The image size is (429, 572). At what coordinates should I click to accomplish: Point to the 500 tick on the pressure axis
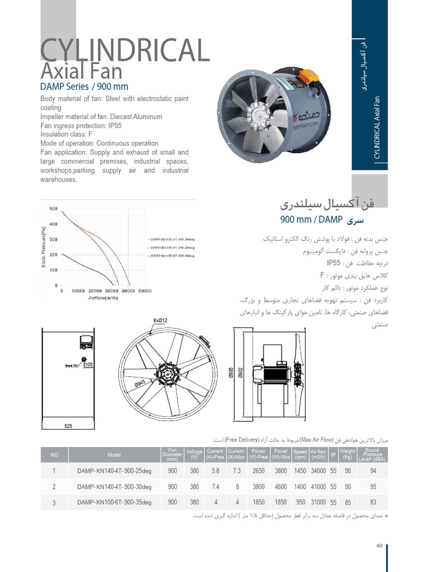(54, 209)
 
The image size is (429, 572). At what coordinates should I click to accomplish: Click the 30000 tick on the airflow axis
(112, 291)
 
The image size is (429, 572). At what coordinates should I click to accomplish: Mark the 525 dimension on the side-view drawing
(68, 426)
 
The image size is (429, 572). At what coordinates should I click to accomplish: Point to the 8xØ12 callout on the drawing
(160, 320)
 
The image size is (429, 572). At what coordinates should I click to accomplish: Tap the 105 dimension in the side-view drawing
(88, 365)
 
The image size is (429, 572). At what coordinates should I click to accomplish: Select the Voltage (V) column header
(194, 454)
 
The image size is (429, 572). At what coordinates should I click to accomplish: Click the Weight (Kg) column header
(347, 454)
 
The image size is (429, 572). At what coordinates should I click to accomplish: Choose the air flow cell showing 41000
(318, 487)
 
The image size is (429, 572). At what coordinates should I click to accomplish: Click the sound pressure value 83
(373, 502)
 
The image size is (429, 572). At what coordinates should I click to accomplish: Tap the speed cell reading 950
(300, 502)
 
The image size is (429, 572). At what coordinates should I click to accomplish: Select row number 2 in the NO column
(54, 487)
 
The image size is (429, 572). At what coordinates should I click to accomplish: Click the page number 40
(379, 546)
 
